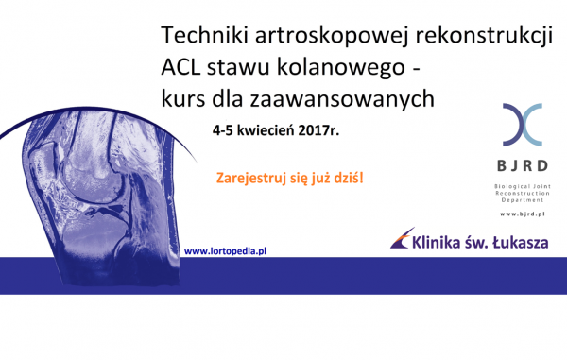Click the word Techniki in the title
coord(198,36)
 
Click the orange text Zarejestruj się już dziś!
coord(290,178)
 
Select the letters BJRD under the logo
coord(523,167)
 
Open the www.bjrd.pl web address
coord(523,214)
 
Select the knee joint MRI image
coord(104,180)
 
